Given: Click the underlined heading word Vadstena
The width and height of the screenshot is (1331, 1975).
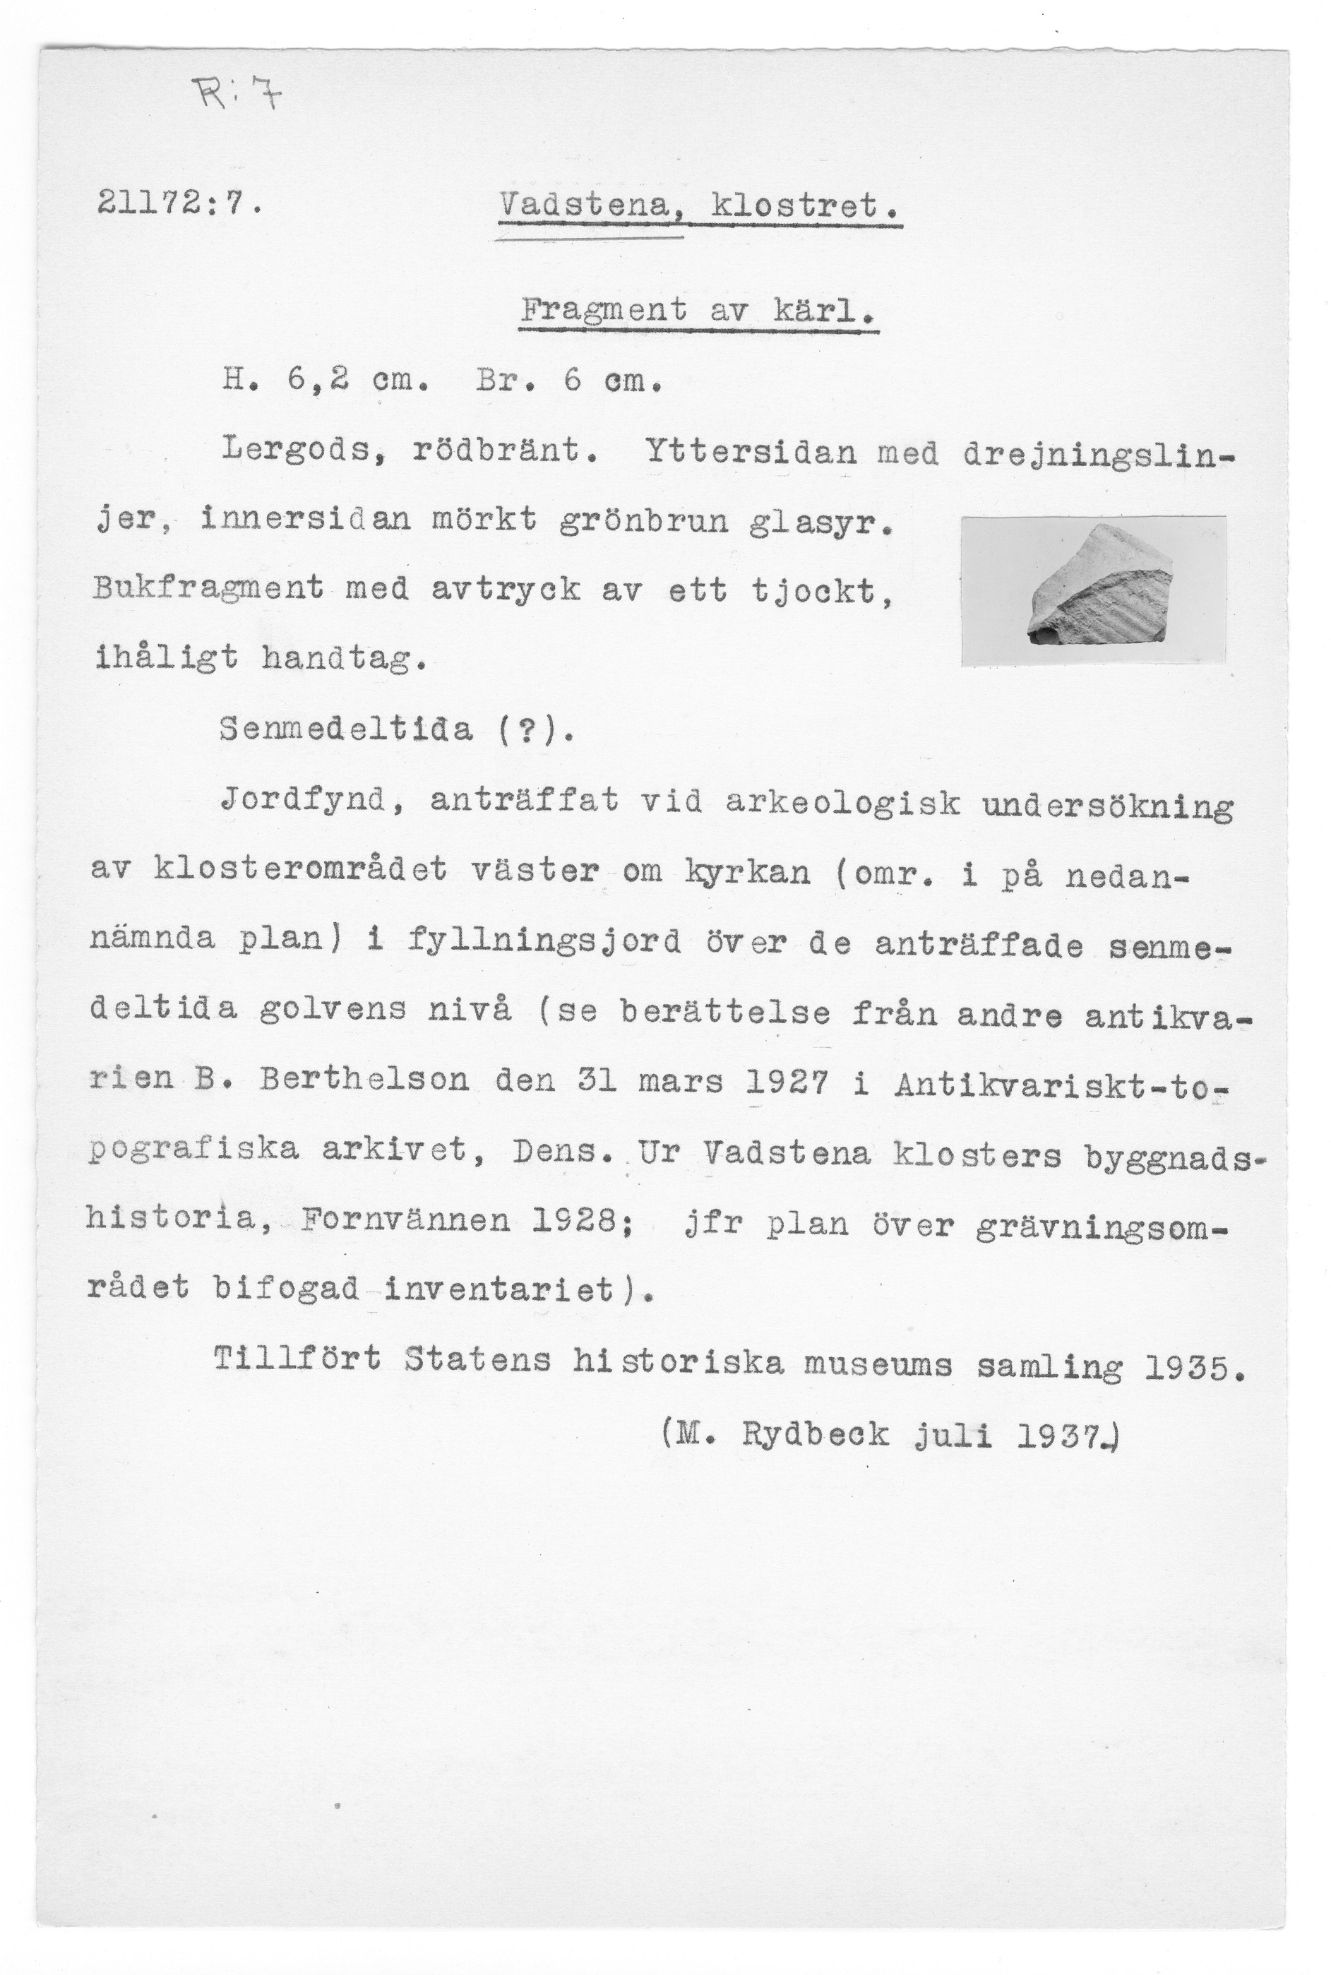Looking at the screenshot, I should pos(593,206).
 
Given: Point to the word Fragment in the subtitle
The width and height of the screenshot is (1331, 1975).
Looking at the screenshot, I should pos(604,311).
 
